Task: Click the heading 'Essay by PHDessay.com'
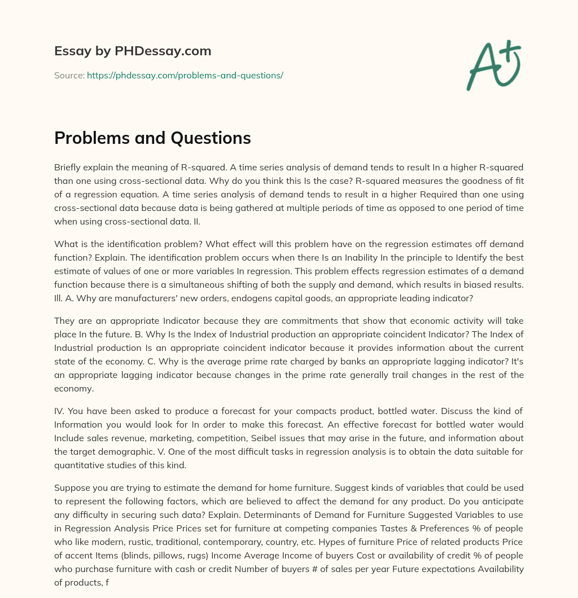click(x=133, y=51)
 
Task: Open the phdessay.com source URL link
click(x=185, y=75)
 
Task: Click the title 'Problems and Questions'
click(x=152, y=138)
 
